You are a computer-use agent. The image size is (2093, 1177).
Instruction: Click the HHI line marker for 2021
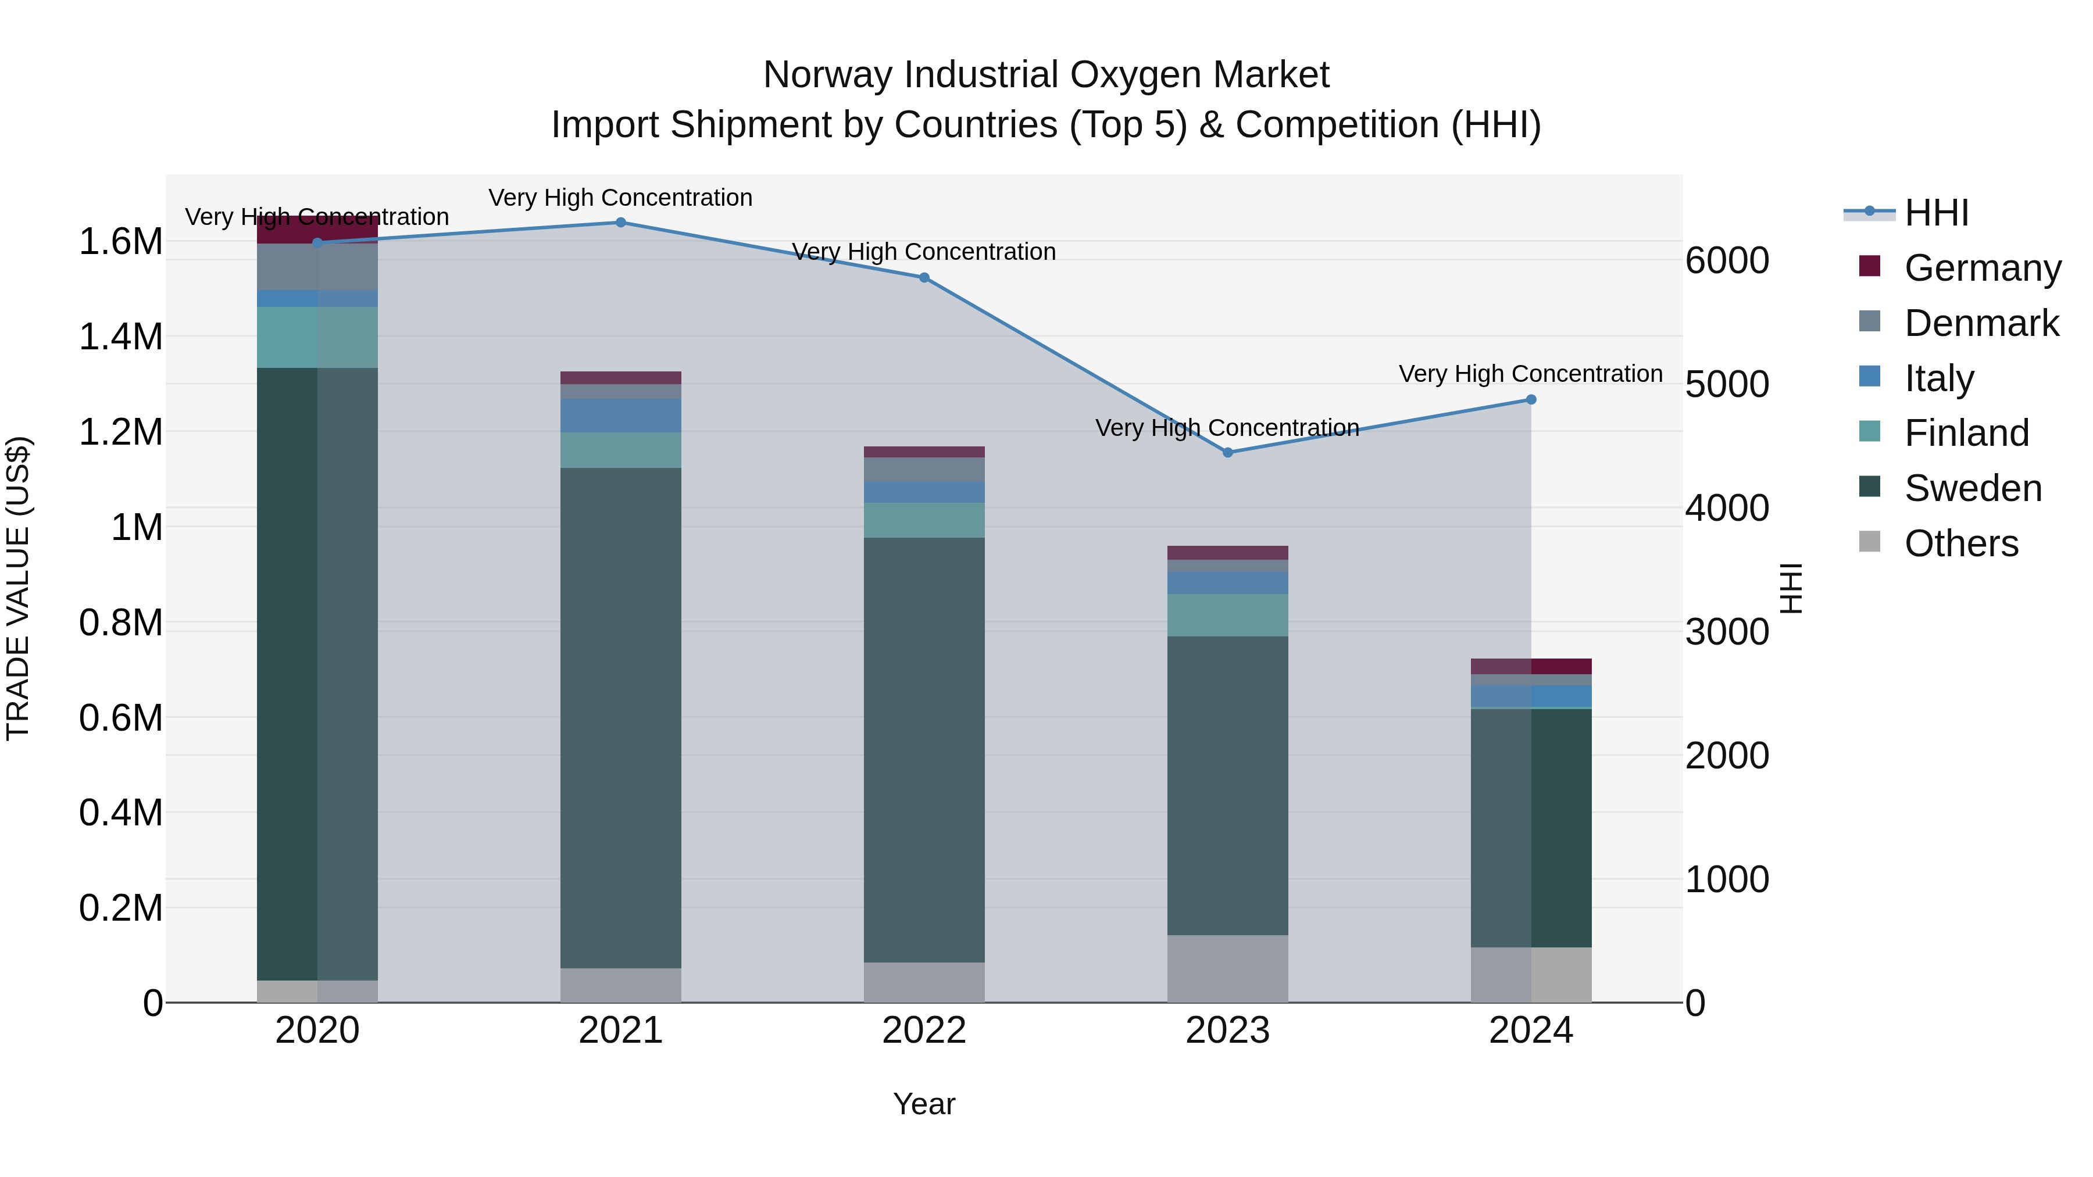pyautogui.click(x=621, y=223)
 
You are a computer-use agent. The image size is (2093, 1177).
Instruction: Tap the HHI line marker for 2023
pyautogui.click(x=1228, y=452)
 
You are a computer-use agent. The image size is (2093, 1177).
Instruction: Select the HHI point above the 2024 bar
pyautogui.click(x=1531, y=400)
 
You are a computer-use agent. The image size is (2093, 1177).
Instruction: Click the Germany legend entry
pyautogui.click(x=1983, y=268)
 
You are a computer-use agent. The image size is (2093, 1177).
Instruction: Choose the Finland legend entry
pyautogui.click(x=1966, y=433)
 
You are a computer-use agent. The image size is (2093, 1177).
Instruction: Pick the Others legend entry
pyautogui.click(x=1960, y=543)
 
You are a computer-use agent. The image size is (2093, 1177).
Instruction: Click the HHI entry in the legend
pyautogui.click(x=1936, y=213)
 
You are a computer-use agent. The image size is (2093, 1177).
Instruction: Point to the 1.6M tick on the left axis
pyautogui.click(x=120, y=242)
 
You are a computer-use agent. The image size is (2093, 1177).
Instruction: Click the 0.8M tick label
pyautogui.click(x=120, y=623)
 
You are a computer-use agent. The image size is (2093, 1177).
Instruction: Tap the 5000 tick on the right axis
pyautogui.click(x=1727, y=384)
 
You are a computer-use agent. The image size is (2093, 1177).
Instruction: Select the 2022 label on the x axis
pyautogui.click(x=924, y=1031)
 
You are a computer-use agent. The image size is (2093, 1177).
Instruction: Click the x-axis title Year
pyautogui.click(x=924, y=1104)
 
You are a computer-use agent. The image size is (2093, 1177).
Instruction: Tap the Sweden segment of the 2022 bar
pyautogui.click(x=924, y=747)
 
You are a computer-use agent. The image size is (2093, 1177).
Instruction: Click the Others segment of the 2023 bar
pyautogui.click(x=1228, y=968)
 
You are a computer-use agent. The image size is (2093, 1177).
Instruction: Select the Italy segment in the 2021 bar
pyautogui.click(x=621, y=415)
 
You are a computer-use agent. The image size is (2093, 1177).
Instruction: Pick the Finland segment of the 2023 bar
pyautogui.click(x=1228, y=615)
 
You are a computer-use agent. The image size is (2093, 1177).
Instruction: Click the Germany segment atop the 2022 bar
pyautogui.click(x=924, y=452)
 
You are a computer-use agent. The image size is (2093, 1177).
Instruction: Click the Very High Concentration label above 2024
pyautogui.click(x=1530, y=374)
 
